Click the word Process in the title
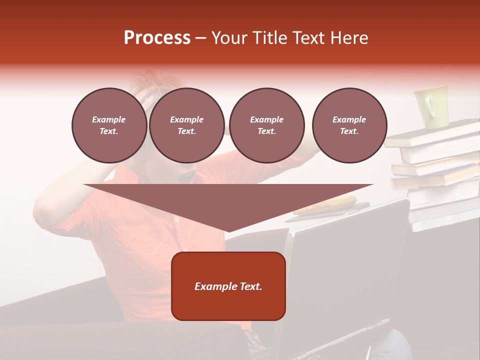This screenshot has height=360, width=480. (157, 38)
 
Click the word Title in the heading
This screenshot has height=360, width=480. (269, 38)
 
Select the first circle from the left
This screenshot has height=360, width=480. (109, 125)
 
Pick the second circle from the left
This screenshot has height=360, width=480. (187, 125)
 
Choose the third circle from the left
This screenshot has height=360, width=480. (266, 125)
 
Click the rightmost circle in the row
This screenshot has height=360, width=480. (349, 125)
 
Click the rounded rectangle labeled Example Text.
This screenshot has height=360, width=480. (228, 286)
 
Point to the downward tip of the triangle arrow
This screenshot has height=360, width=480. (228, 230)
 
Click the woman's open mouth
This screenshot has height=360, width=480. (189, 176)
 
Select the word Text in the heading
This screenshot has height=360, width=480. (310, 38)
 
